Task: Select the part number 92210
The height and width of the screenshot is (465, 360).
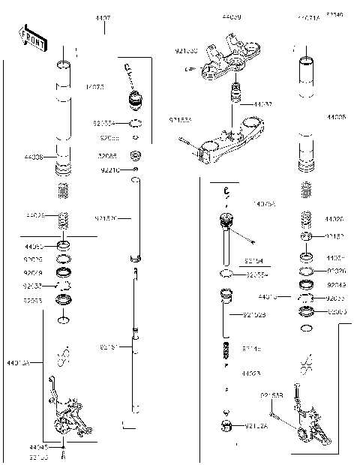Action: [109, 170]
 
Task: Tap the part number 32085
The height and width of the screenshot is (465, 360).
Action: [108, 157]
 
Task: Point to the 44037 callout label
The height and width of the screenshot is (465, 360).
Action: [262, 104]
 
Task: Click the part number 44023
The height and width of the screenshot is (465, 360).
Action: [250, 373]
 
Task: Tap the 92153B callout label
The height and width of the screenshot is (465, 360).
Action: [271, 395]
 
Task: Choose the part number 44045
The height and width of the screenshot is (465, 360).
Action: [38, 447]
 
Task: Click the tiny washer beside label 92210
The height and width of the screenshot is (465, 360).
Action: [136, 170]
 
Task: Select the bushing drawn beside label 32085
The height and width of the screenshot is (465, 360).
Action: [136, 156]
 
